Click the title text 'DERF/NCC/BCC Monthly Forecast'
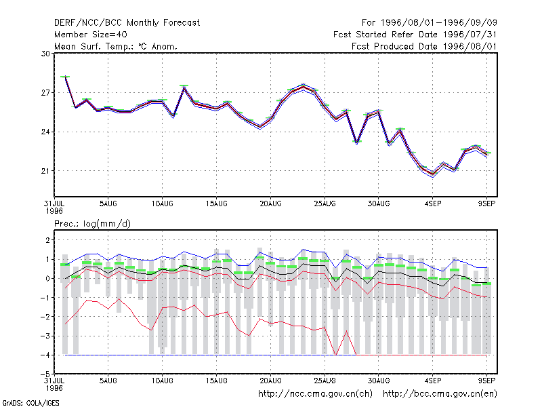point(127,23)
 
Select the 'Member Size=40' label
point(91,35)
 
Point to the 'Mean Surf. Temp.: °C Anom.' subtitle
point(116,46)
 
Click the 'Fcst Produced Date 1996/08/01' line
point(424,46)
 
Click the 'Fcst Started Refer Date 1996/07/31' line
point(415,35)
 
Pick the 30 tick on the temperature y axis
point(45,54)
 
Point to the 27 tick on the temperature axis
point(45,93)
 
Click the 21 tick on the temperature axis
point(45,171)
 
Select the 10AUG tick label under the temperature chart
point(162,204)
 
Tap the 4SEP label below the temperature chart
point(433,204)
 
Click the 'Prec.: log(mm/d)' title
point(92,224)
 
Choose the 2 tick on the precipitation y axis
point(47,240)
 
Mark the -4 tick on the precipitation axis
point(45,355)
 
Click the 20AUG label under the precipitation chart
point(270,381)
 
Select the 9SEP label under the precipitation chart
point(486,381)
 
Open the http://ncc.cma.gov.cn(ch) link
point(315,394)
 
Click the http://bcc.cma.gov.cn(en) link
point(440,394)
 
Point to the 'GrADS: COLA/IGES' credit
point(30,403)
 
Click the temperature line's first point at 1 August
point(65,77)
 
